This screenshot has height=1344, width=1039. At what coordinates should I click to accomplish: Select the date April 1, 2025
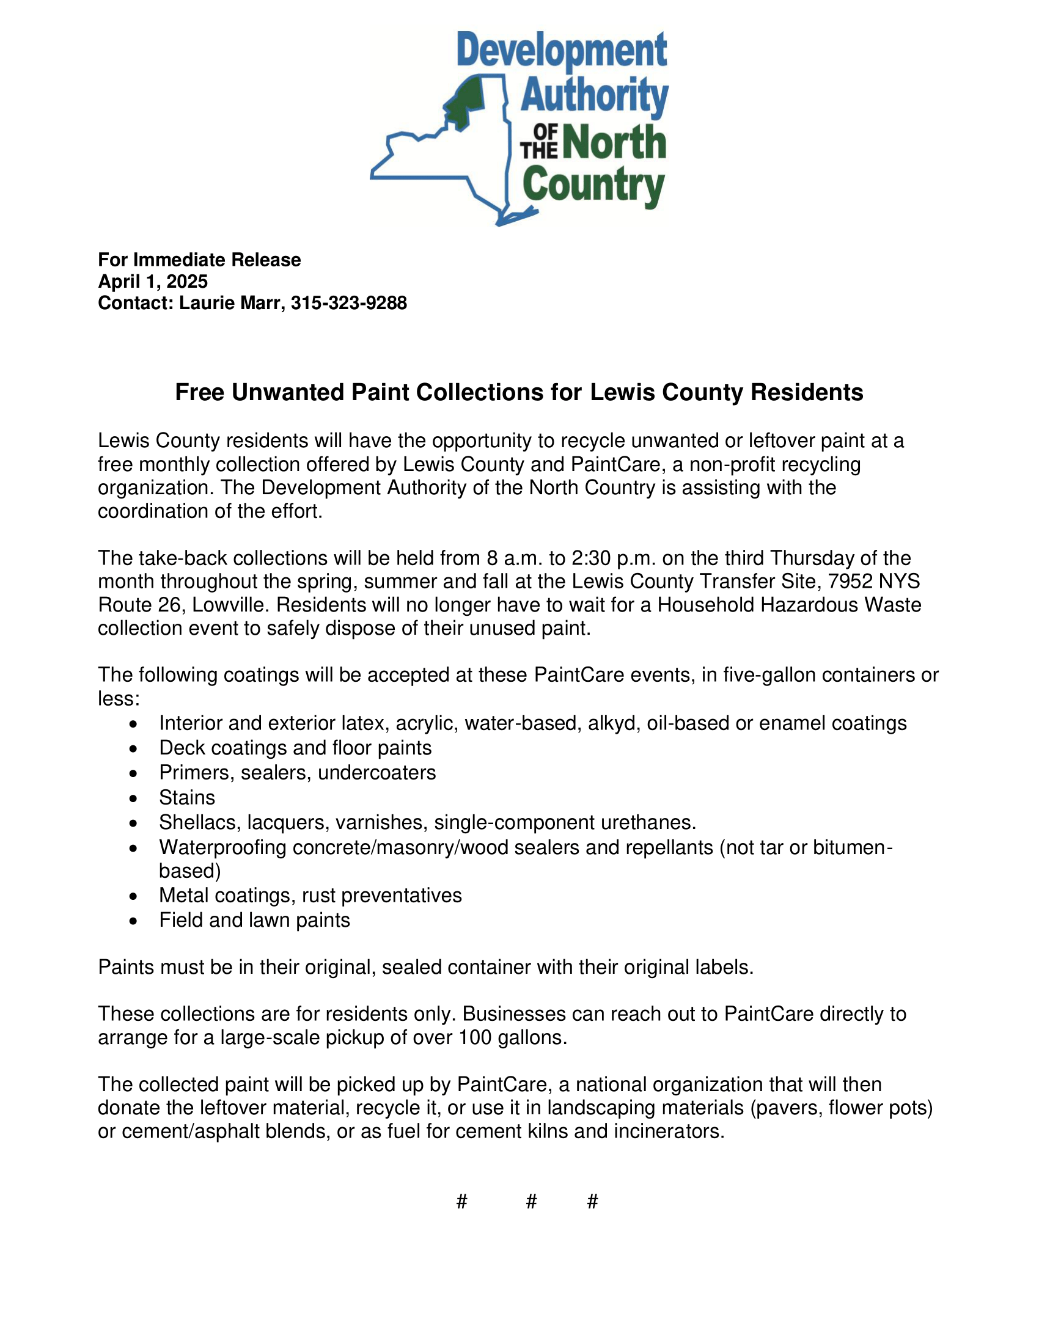point(153,281)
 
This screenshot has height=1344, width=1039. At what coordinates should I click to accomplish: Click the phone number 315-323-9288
point(348,303)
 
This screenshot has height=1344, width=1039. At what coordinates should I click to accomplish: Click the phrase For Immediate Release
point(199,260)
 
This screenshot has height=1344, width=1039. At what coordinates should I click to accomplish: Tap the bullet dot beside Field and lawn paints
point(134,921)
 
